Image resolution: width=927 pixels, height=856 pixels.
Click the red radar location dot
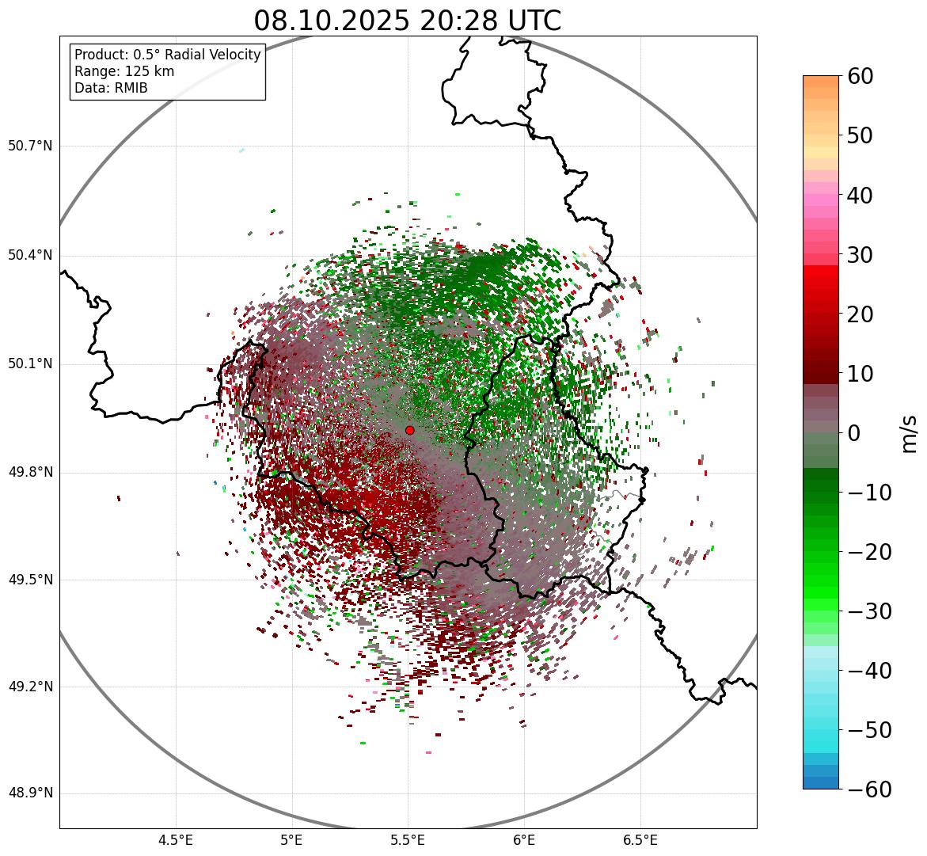click(409, 430)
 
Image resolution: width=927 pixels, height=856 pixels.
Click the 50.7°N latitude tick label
click(30, 146)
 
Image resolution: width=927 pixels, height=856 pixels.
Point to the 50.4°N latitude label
click(30, 255)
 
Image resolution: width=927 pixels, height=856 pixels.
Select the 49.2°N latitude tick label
click(30, 687)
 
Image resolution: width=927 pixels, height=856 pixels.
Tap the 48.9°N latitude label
click(30, 793)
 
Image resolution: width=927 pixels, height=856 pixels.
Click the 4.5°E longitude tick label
click(176, 840)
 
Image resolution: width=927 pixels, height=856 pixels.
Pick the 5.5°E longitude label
click(408, 840)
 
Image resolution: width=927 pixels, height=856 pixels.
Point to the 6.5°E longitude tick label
click(640, 840)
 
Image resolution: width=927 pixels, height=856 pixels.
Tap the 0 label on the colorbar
click(853, 433)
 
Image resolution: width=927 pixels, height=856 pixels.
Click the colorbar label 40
click(860, 196)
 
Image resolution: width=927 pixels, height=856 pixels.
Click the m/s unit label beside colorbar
click(910, 433)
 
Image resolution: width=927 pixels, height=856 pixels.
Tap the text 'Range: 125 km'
click(124, 71)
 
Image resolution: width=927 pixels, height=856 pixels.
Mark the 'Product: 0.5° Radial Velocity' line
click(167, 55)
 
